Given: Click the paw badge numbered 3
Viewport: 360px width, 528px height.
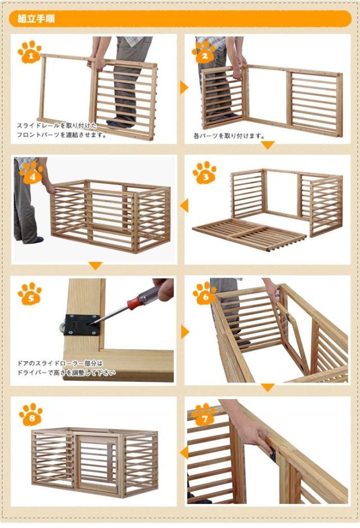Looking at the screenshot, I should point(204,173).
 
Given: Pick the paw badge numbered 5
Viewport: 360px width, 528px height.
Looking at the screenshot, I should point(29,294).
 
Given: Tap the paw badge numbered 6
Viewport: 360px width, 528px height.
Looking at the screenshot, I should point(204,293).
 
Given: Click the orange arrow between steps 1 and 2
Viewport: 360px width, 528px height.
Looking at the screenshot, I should point(183,87).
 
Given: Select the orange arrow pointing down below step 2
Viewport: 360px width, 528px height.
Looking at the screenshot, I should point(268,145).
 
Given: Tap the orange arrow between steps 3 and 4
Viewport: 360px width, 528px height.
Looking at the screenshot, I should point(183,206).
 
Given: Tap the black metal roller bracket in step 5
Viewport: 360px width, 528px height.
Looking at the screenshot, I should point(82,324).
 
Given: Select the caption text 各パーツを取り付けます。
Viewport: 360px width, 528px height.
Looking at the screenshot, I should point(221,136).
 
